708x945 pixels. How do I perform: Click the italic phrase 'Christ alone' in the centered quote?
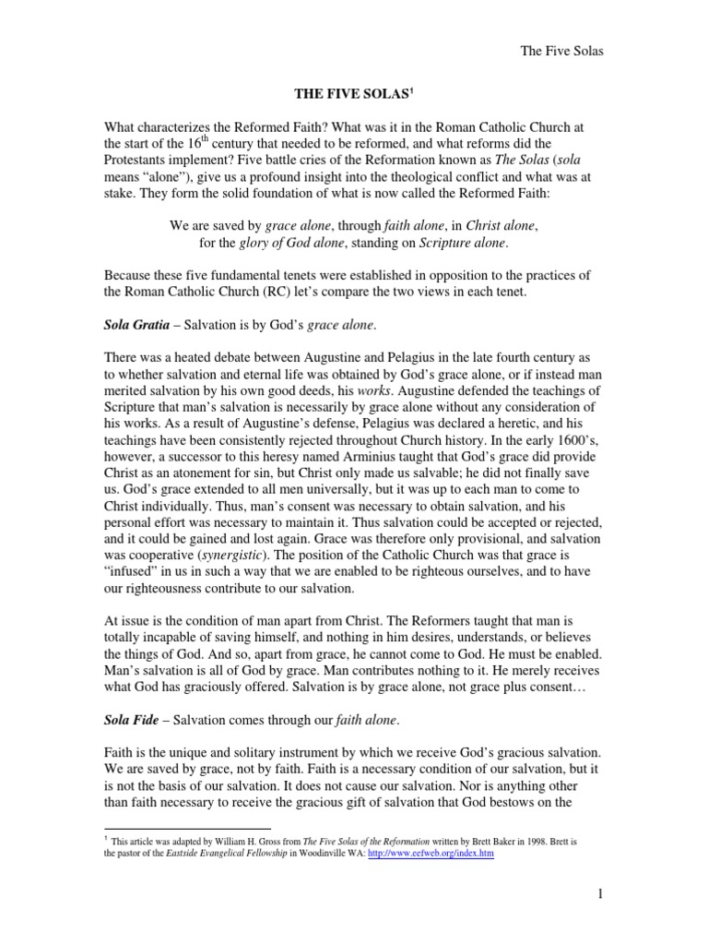pos(497,225)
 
